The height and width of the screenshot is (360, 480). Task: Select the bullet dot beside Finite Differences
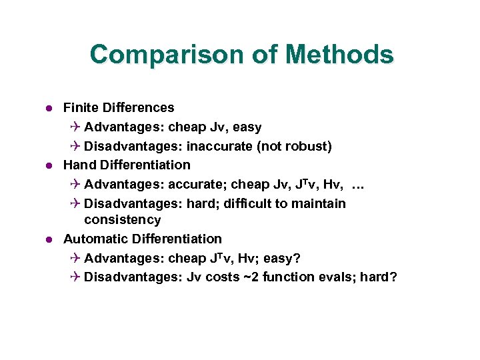pos(49,108)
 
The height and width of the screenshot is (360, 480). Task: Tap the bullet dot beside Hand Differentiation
pos(49,165)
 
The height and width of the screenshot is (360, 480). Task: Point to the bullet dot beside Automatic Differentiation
pos(49,239)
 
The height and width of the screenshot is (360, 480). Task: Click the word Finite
pos(82,107)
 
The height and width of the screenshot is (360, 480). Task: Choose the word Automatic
pos(96,239)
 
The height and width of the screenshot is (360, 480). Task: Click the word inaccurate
pos(220,146)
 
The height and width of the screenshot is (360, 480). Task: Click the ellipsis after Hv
pos(359,185)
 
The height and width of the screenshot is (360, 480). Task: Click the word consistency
pos(123,220)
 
